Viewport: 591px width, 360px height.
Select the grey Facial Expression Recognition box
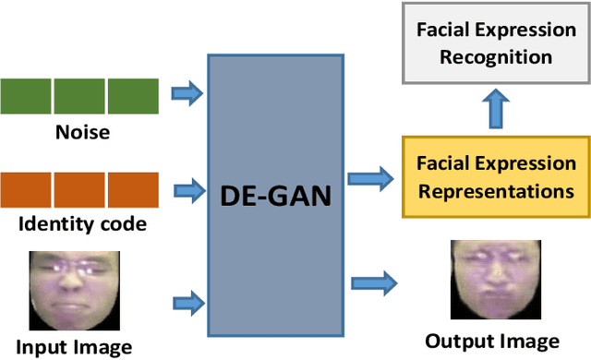pyautogui.click(x=496, y=42)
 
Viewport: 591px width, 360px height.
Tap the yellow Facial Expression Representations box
pyautogui.click(x=496, y=178)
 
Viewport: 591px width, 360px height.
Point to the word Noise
pyautogui.click(x=80, y=132)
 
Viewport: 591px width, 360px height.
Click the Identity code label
pyautogui.click(x=80, y=223)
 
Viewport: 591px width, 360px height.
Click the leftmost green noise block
pyautogui.click(x=26, y=95)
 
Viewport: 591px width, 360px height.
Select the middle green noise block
pyautogui.click(x=79, y=95)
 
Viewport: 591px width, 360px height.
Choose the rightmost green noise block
pyautogui.click(x=133, y=95)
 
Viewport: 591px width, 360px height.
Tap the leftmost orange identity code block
pyautogui.click(x=26, y=188)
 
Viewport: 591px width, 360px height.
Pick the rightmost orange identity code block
pyautogui.click(x=133, y=188)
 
